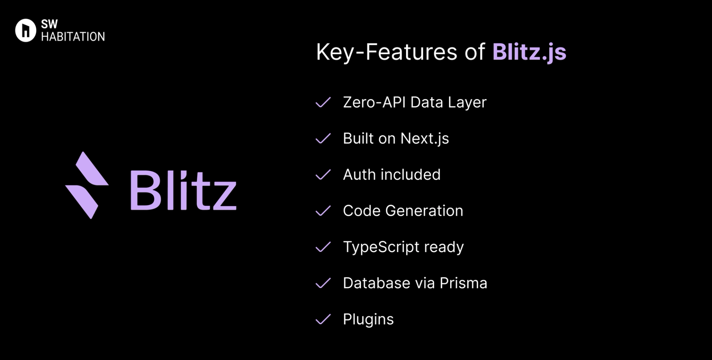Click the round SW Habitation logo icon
click(26, 30)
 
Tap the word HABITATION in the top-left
click(73, 37)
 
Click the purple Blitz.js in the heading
click(529, 52)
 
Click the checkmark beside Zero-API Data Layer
click(323, 102)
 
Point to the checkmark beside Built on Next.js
click(323, 139)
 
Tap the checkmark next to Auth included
click(323, 175)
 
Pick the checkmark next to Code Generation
click(323, 211)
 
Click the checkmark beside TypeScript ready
click(323, 247)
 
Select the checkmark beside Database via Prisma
click(323, 283)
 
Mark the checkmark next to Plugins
click(323, 319)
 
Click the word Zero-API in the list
click(374, 102)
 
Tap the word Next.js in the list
click(425, 139)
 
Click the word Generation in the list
click(424, 211)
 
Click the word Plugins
click(368, 319)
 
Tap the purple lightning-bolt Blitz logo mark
click(87, 185)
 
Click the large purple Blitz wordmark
click(183, 190)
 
